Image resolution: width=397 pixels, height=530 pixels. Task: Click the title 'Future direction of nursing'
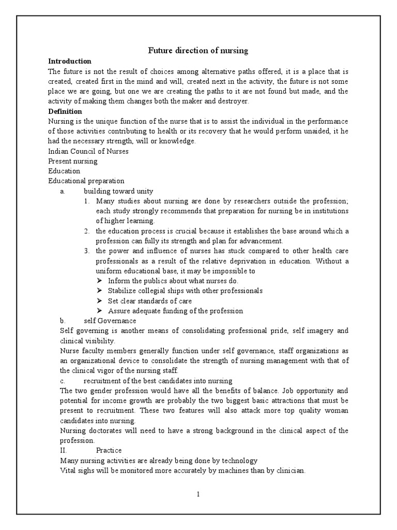pos(198,51)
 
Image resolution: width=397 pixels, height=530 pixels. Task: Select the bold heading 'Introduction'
pos(70,61)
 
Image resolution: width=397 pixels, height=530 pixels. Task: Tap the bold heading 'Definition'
pos(65,111)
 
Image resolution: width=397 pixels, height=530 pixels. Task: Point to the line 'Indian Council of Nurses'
pos(88,151)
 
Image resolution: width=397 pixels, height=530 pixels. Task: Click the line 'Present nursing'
pos(73,161)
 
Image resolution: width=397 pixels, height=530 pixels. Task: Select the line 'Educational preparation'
pos(86,181)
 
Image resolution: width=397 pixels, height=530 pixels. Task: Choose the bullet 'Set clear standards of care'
pos(150,301)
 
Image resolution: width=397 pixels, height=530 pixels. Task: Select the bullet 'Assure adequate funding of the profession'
pos(175,311)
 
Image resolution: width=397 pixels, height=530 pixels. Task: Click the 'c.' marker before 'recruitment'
pos(62,381)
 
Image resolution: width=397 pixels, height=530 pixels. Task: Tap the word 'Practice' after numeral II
pos(109,451)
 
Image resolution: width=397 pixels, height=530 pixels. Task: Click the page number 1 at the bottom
pos(198,494)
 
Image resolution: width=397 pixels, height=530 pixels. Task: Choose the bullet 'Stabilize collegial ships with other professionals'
pos(185,291)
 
